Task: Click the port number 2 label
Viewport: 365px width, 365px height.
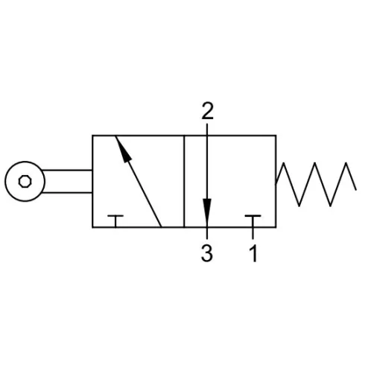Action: (x=207, y=111)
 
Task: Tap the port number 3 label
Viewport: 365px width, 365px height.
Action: (x=207, y=253)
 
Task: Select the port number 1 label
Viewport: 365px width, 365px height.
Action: (x=253, y=253)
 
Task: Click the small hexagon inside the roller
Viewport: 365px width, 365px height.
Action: (x=25, y=182)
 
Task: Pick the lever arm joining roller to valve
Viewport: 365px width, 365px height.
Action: (x=67, y=182)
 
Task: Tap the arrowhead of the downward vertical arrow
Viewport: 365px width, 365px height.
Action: (x=207, y=211)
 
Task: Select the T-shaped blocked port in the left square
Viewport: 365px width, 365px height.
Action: (x=115, y=221)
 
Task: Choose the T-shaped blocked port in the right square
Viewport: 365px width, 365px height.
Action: (x=253, y=221)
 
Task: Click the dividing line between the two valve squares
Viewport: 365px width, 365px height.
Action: (x=184, y=181)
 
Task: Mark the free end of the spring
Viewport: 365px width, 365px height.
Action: (x=356, y=190)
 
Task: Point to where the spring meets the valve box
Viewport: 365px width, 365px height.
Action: (x=276, y=184)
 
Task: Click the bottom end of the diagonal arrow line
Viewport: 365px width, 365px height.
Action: (x=161, y=227)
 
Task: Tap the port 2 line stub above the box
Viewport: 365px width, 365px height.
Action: (x=207, y=130)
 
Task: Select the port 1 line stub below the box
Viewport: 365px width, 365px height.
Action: (x=253, y=233)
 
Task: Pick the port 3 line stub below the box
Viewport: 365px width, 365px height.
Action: (x=207, y=233)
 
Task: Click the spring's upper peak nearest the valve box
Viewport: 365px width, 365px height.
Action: (x=284, y=163)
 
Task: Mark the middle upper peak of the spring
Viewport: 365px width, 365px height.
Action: (x=315, y=163)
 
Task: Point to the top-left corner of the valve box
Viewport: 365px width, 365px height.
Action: (x=92, y=136)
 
